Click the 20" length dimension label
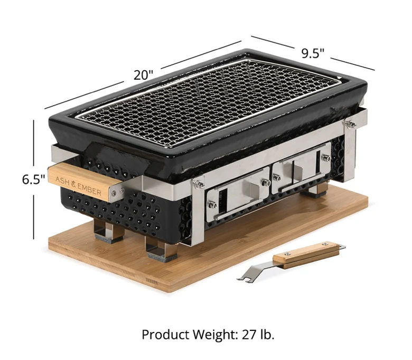tap(143, 75)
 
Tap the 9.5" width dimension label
tap(313, 53)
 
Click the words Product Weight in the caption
tap(189, 335)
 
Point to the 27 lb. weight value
tap(258, 335)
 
